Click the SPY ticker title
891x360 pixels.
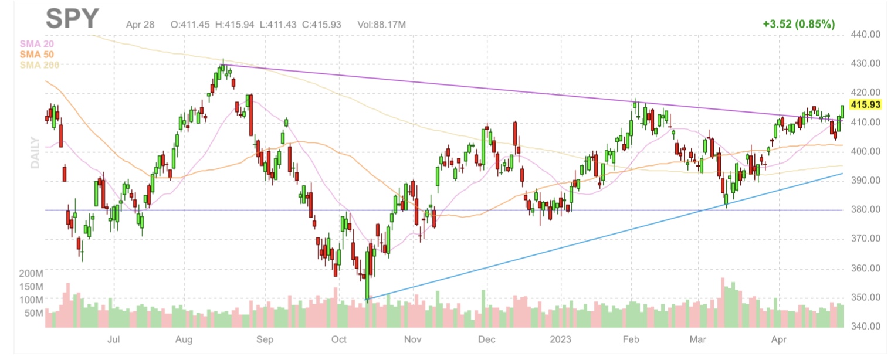click(x=73, y=19)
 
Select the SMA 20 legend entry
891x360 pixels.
click(x=36, y=43)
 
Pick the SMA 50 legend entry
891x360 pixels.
click(x=36, y=54)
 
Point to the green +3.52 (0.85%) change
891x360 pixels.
click(x=798, y=24)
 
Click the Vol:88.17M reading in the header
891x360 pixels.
click(x=381, y=25)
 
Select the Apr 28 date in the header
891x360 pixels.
click(x=140, y=25)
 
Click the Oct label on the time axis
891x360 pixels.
click(x=339, y=339)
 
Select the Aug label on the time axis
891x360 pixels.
click(x=184, y=339)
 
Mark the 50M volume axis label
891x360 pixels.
click(x=34, y=313)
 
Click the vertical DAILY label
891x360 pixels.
click(x=35, y=153)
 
